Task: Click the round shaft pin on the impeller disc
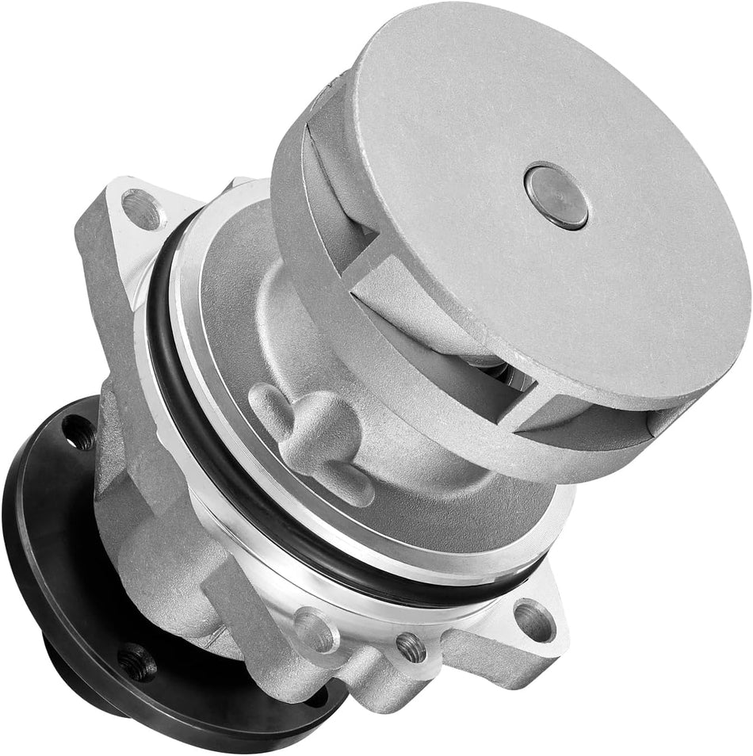tap(556, 196)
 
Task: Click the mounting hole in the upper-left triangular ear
tap(142, 209)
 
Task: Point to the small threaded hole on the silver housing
tap(410, 647)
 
